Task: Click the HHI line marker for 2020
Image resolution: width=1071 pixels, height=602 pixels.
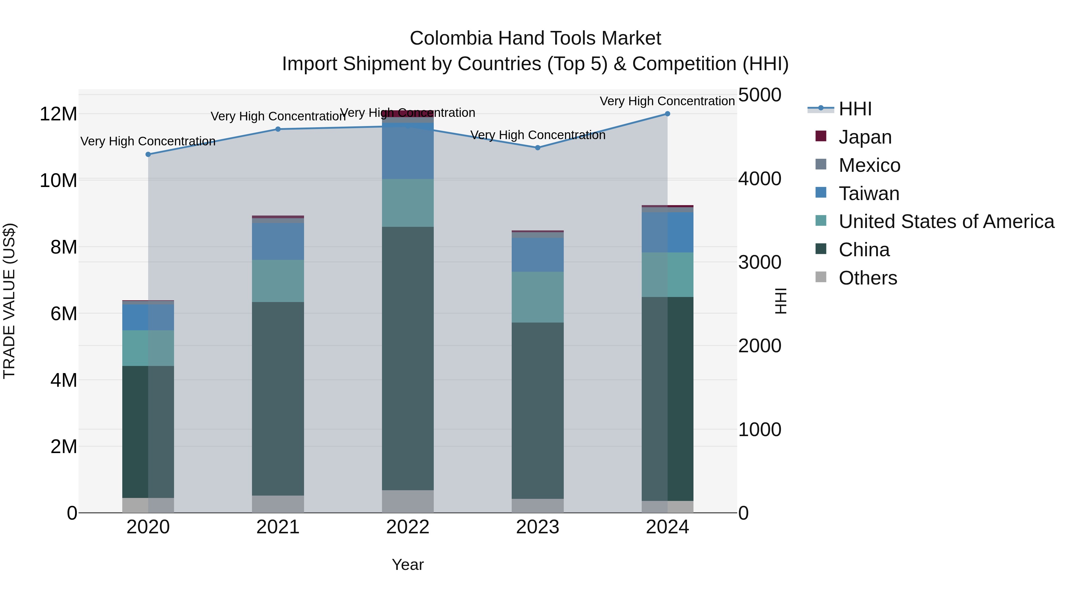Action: click(148, 154)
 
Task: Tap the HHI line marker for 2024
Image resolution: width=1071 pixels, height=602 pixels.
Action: click(667, 114)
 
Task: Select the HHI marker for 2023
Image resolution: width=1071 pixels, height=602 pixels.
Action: click(537, 147)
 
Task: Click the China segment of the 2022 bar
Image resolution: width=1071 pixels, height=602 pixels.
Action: click(408, 357)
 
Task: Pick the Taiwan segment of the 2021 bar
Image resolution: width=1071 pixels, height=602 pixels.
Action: click(278, 241)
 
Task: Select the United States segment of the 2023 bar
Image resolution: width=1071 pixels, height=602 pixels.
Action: click(537, 297)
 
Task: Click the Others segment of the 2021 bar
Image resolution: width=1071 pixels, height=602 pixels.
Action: click(278, 504)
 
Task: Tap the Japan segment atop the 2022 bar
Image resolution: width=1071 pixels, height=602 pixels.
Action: click(408, 114)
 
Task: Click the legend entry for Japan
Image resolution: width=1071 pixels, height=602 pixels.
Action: click(865, 137)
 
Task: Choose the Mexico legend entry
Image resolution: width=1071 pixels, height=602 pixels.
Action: click(869, 165)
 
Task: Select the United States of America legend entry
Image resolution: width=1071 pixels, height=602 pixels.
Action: click(946, 221)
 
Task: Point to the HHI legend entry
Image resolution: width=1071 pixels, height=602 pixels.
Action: click(855, 109)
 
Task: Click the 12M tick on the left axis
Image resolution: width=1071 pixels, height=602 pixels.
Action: click(58, 114)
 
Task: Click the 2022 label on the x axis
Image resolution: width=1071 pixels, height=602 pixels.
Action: click(408, 527)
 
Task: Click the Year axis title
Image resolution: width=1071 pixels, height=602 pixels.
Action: click(408, 565)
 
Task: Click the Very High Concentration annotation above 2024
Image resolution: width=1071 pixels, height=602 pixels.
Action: click(667, 101)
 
